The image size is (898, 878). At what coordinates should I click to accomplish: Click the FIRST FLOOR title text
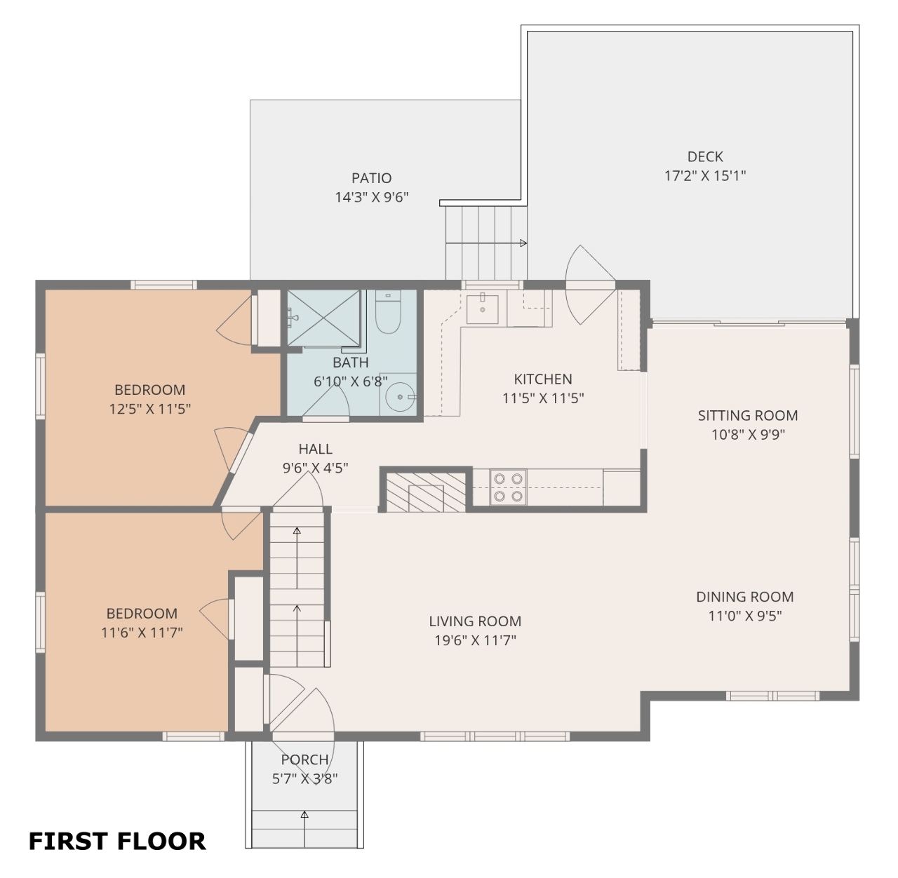pos(117,841)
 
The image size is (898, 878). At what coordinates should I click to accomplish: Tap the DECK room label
pos(704,157)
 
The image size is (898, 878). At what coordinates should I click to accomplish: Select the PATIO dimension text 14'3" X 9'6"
pos(371,198)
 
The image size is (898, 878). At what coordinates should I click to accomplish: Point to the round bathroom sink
pos(400,397)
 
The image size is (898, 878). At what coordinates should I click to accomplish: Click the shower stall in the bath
pos(323,318)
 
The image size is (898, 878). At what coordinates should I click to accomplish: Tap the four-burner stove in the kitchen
pos(508,487)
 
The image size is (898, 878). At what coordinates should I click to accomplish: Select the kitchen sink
pos(482,309)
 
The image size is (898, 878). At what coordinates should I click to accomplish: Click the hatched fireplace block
pos(425,492)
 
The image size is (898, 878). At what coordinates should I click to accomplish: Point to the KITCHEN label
pos(543,379)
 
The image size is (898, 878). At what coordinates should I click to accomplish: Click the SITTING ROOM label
pos(748,416)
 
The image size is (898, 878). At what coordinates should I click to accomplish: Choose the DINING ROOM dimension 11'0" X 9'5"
pos(745,616)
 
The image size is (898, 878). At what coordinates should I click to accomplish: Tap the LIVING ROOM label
pos(475,621)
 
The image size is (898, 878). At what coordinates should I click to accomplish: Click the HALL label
pos(315,449)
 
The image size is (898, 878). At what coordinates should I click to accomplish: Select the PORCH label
pos(304,759)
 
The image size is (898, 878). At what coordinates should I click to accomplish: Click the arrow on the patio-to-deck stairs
pos(486,243)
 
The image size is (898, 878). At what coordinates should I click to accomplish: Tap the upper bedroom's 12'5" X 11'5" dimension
pos(149,409)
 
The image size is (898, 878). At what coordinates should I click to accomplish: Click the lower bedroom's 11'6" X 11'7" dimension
pos(142,633)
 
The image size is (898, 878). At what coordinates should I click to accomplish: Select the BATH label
pos(350,363)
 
